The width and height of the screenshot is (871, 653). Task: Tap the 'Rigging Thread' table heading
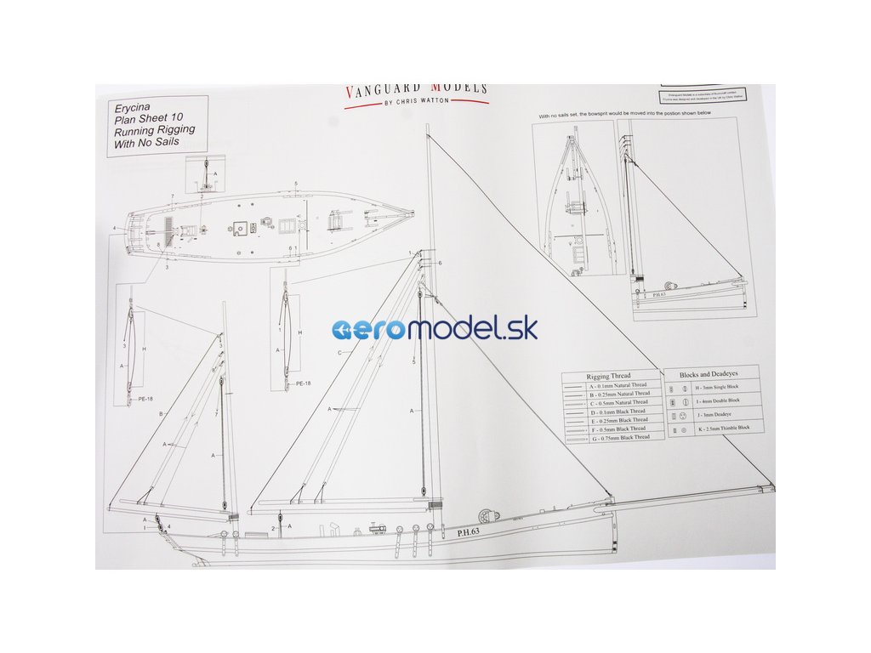coord(609,376)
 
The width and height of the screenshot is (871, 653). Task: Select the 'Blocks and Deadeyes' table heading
coord(709,374)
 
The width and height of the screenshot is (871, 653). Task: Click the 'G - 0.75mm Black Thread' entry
coord(618,437)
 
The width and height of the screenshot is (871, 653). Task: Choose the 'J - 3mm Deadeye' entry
coord(709,414)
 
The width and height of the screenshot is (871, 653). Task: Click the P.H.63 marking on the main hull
coord(469,532)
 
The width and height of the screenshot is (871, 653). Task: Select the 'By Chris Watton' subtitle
coord(416,101)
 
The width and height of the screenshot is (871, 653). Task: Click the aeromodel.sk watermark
coord(435,329)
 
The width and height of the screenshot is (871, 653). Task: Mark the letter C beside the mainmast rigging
coord(339,352)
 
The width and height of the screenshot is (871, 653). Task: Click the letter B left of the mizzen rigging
coord(160,414)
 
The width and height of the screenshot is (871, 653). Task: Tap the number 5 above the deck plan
coord(295,185)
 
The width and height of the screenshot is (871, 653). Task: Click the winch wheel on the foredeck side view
coord(487,515)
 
